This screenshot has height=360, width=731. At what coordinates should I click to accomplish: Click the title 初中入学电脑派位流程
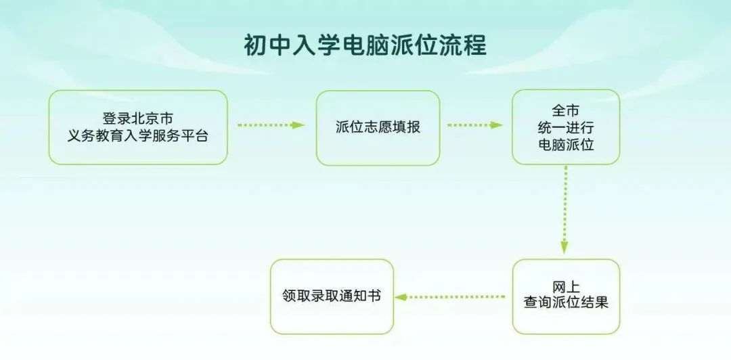[x=365, y=45]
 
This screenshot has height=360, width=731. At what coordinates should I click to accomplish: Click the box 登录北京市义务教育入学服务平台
[x=138, y=127]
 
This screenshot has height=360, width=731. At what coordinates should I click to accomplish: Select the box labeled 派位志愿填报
[x=378, y=128]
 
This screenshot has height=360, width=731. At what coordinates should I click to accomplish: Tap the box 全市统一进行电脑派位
[x=566, y=127]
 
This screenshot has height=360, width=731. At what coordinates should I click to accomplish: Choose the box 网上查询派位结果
[x=566, y=296]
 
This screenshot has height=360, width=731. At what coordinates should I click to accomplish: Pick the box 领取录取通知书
[x=332, y=296]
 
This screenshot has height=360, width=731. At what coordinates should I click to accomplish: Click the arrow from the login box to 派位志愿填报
[x=271, y=125]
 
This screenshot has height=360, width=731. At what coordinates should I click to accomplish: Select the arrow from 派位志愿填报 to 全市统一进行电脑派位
[x=475, y=125]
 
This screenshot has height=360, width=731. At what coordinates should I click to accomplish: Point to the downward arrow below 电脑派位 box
[x=564, y=210]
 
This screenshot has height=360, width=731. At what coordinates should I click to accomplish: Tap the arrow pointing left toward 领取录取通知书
[x=450, y=296]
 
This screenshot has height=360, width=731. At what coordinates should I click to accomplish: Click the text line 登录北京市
[x=138, y=118]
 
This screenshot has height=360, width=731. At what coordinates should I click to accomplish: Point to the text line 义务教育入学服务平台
[x=138, y=136]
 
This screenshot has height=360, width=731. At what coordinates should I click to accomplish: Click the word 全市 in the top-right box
[x=565, y=111]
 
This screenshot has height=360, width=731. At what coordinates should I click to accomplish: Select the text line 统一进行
[x=566, y=128]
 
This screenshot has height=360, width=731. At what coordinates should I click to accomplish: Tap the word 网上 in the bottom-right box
[x=565, y=288]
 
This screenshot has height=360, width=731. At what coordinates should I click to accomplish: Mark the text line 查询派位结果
[x=566, y=302]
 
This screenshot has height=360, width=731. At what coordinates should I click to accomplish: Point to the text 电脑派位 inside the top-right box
[x=566, y=145]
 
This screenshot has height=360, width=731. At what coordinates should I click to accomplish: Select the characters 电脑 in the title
[x=365, y=45]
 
